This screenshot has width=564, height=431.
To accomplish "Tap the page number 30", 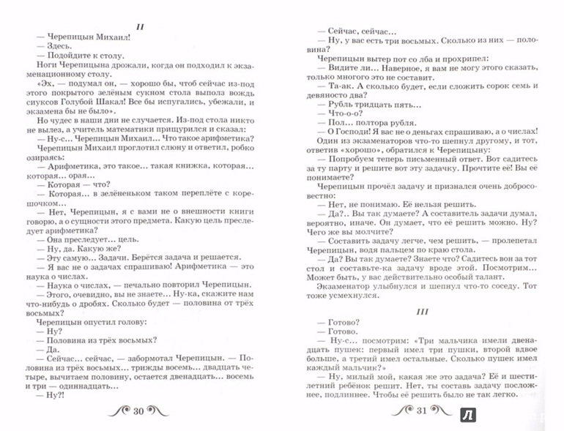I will point(139,411).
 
